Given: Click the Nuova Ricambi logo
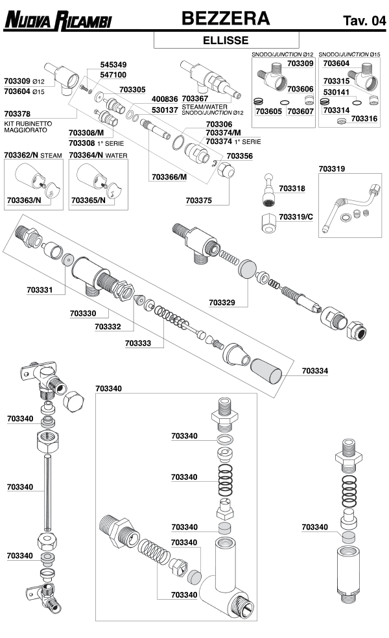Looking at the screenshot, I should (x=58, y=21).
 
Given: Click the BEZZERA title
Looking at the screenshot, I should (x=225, y=19).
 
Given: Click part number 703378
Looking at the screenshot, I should (x=18, y=113).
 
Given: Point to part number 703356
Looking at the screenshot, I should (x=239, y=156).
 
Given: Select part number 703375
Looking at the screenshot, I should (x=198, y=201).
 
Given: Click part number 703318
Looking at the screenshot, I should (x=292, y=188).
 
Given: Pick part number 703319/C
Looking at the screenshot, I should (x=296, y=216).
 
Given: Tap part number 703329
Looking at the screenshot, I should (x=222, y=302).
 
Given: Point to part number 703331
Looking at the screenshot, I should (x=40, y=289).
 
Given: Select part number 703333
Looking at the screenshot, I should (x=138, y=343).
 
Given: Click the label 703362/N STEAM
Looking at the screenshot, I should (x=32, y=155).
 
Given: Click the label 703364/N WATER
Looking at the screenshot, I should (x=99, y=155).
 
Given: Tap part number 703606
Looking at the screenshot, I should (x=300, y=89).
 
